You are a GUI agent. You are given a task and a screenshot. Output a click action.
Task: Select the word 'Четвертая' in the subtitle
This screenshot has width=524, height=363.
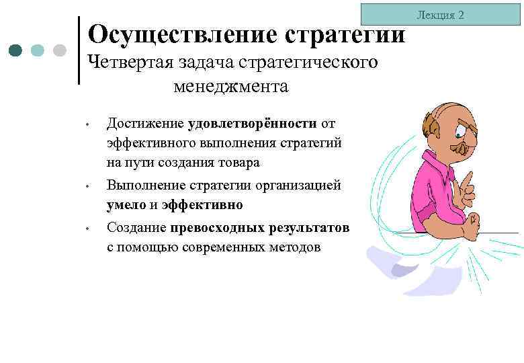click(130, 62)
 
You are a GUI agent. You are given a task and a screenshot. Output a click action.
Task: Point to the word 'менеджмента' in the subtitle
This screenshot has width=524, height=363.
click(230, 86)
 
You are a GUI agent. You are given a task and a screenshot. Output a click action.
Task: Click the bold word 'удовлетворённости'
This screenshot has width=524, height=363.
click(253, 123)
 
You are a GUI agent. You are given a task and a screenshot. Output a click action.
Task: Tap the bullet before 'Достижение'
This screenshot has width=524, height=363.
click(87, 125)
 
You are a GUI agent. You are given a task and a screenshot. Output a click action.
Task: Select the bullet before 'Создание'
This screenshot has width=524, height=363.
click(87, 229)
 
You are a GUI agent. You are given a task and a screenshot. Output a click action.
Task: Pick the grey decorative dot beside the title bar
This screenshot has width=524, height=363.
click(58, 50)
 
